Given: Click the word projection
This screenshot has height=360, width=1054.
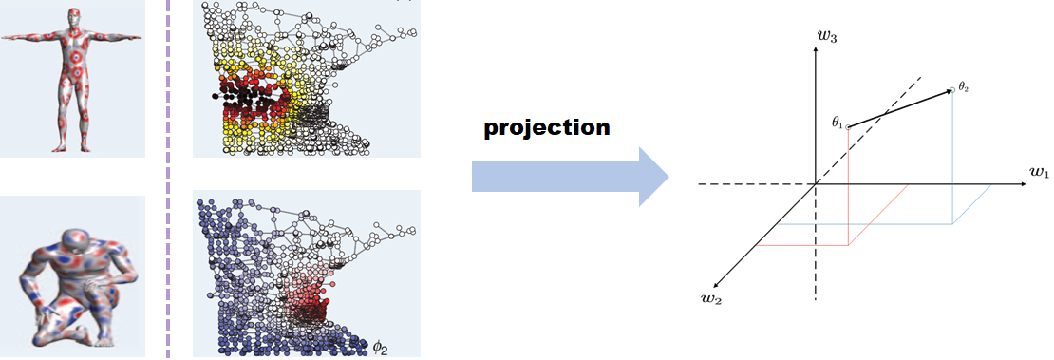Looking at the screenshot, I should point(546,127).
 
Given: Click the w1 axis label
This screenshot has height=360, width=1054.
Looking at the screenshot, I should point(1037,173).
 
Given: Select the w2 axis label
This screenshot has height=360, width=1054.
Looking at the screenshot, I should point(725,303).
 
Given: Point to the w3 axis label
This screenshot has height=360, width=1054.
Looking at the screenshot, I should point(827,35).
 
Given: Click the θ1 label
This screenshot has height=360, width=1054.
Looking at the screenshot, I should point(837,123).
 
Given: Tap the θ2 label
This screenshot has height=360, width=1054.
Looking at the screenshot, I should point(965,86).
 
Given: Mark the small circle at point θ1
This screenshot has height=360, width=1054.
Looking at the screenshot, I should point(848,126).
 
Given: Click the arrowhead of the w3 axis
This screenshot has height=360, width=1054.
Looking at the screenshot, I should point(816,49).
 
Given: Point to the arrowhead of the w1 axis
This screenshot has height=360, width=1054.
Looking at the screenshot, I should point(1021,183).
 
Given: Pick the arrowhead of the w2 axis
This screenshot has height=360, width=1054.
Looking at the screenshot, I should point(715,282).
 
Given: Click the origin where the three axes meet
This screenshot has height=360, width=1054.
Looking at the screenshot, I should point(816,183).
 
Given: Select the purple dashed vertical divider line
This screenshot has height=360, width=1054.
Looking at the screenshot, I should point(168,180).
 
